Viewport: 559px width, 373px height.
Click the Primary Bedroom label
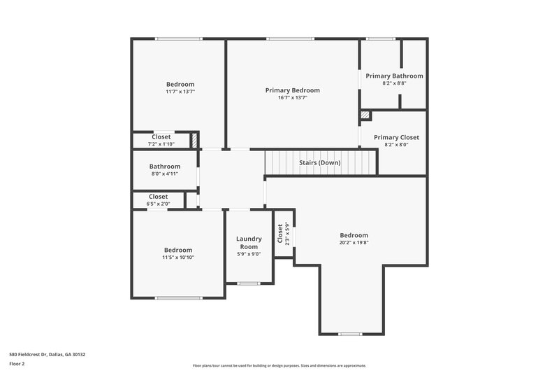(x=292, y=90)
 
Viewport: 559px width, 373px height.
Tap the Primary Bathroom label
(x=394, y=76)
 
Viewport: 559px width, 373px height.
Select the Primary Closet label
(x=395, y=137)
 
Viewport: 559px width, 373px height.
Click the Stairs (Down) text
(x=320, y=162)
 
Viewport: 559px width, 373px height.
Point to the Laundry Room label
(x=248, y=242)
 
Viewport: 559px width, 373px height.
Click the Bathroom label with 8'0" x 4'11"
(x=164, y=167)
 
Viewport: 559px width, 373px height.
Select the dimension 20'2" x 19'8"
(x=354, y=244)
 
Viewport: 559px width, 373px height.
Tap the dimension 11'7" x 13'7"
(x=180, y=92)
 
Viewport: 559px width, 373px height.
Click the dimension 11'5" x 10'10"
(x=178, y=258)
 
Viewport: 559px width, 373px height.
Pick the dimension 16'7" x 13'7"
(x=292, y=98)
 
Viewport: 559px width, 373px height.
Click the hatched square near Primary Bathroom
(x=364, y=115)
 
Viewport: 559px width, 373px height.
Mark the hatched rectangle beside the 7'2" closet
(x=196, y=140)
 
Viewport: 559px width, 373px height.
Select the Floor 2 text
(x=17, y=364)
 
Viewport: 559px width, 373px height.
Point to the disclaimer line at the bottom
(x=279, y=365)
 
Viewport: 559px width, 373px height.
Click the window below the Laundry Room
(x=248, y=283)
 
